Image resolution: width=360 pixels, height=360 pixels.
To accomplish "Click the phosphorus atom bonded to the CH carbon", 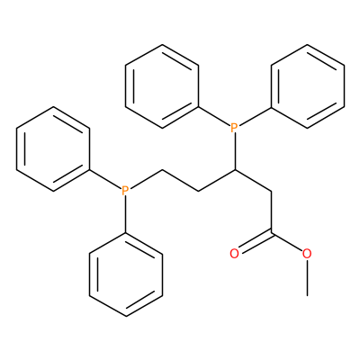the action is pos(235,128).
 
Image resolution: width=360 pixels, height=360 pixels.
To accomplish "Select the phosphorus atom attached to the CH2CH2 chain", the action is pos(125,191).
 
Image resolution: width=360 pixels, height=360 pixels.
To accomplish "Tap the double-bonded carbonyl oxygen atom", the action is pos(234,254).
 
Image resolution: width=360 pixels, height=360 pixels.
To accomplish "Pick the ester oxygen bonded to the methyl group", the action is pos(307,254).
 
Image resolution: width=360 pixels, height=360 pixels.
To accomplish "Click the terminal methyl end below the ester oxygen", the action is pos(307,295).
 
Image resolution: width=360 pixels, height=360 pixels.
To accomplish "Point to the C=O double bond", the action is pos(255,242).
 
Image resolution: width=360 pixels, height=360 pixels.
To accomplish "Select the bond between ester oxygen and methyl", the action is pos(307,278).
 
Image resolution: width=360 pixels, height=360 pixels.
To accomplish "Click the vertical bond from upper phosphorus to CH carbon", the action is pos(235,152).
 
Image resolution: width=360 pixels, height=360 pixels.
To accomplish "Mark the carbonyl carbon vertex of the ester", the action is pos(271,233).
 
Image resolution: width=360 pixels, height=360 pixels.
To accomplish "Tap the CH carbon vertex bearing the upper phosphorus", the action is pos(235,170).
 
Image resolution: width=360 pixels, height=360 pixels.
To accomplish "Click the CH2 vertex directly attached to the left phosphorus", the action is pos(162,170).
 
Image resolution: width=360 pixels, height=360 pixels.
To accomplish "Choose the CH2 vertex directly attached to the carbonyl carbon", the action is pos(271,191).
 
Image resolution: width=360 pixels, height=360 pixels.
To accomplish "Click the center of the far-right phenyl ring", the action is pos(307,86).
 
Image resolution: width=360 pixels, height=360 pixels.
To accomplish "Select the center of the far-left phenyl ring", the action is pos(53,149).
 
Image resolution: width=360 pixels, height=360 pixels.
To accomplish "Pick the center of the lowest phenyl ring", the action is pos(126,274).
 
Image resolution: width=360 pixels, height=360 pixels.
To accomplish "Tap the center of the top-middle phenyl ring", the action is pos(162,86).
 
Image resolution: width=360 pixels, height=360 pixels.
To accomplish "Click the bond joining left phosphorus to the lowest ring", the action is pos(126,214).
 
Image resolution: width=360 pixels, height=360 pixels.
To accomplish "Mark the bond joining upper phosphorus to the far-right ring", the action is pos(255,116).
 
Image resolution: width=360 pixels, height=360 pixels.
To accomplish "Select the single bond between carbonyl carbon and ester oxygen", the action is pos(287,242).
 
